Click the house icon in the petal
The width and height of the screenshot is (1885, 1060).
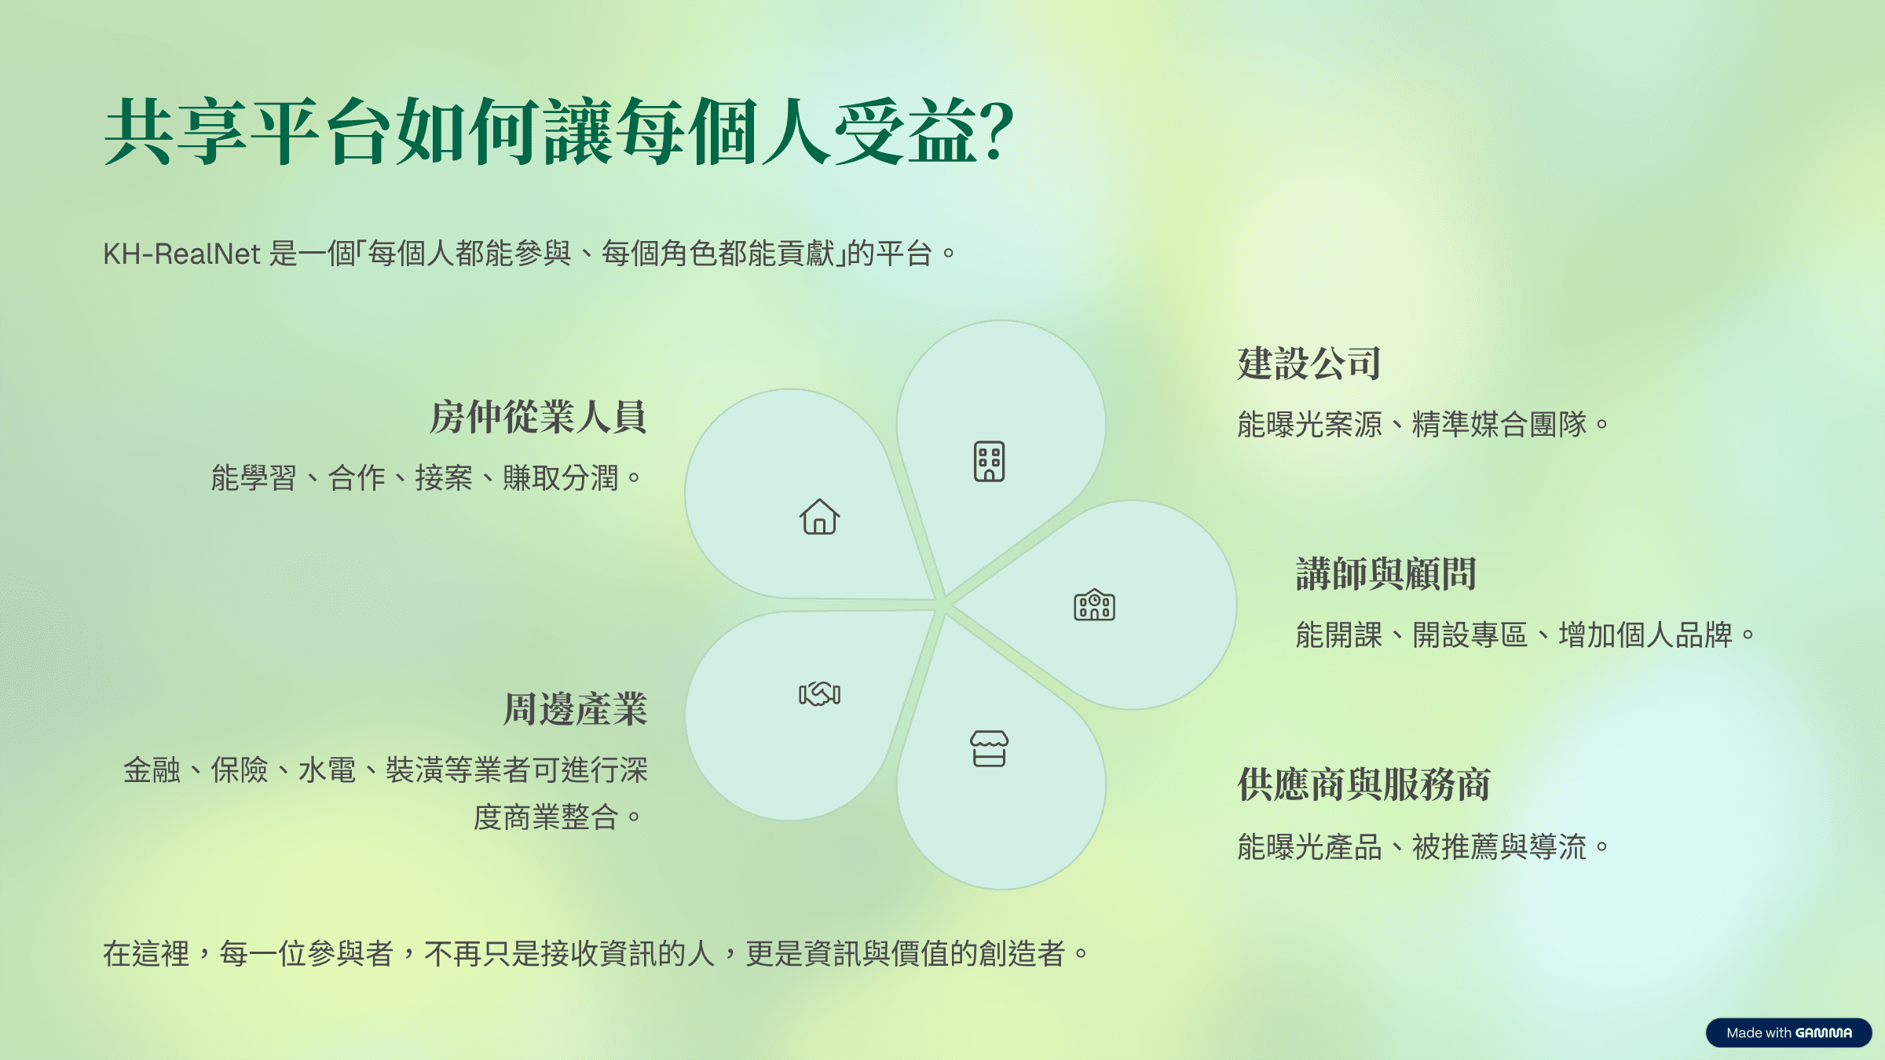click(819, 517)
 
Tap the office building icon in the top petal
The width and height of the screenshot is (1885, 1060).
click(989, 461)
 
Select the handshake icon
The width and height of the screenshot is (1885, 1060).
click(819, 693)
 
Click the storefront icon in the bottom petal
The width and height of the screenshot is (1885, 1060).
click(989, 748)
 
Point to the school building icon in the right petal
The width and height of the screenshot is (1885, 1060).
click(1094, 605)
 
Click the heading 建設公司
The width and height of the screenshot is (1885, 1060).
click(1309, 364)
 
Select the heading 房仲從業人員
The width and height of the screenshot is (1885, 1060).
click(538, 417)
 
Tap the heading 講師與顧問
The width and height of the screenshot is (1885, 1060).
click(1386, 574)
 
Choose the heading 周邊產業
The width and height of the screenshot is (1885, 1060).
click(576, 709)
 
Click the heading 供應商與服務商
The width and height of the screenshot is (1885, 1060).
click(1364, 784)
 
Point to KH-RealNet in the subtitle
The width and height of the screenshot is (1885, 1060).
click(181, 254)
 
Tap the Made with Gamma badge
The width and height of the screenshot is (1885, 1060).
click(1788, 1033)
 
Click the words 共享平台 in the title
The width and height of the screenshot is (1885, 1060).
click(247, 132)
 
